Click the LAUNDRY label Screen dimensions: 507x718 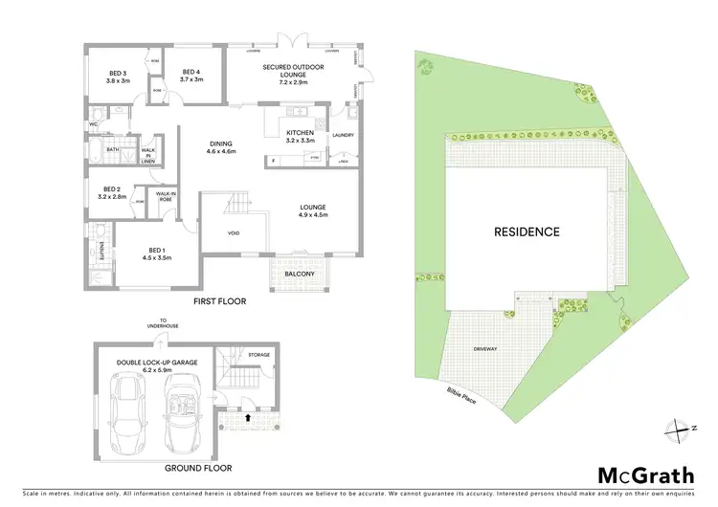[x=343, y=135]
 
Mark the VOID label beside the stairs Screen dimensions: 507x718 [x=233, y=232]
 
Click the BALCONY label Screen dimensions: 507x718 [x=301, y=274]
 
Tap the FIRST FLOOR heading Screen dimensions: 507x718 [x=219, y=301]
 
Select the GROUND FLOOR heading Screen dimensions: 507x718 [x=197, y=468]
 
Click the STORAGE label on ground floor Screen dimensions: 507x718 [x=258, y=355]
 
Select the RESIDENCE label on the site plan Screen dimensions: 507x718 [x=527, y=231]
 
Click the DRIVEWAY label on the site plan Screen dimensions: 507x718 [x=485, y=349]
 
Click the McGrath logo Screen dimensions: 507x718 [x=642, y=475]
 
